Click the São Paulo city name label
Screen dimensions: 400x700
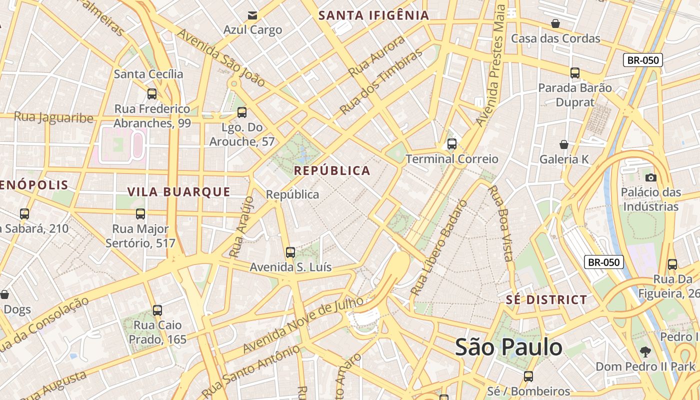[508, 347]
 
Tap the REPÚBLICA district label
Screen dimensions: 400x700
[332, 170]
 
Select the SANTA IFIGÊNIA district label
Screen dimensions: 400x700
[374, 15]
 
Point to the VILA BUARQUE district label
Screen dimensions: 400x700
[178, 191]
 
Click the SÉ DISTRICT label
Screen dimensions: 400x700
[546, 300]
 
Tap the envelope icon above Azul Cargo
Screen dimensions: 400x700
[252, 15]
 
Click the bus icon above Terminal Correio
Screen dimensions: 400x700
[452, 144]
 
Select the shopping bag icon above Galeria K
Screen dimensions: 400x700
[564, 144]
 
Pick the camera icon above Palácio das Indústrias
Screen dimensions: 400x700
[650, 177]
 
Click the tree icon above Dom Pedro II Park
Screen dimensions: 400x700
[645, 351]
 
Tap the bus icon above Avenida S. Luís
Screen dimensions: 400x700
[290, 252]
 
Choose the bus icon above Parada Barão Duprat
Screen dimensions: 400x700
[575, 73]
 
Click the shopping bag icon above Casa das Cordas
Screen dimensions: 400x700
[555, 23]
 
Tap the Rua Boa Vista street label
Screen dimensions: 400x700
[501, 223]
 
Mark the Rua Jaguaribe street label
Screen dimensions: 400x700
[53, 117]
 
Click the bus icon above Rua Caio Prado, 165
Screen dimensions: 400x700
[157, 310]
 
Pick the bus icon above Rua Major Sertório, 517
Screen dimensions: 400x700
[140, 214]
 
